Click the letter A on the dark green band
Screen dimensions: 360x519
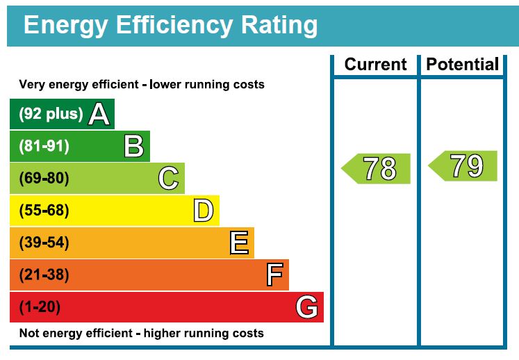(99, 114)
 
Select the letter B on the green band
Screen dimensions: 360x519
(133, 147)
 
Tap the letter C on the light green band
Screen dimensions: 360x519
(168, 179)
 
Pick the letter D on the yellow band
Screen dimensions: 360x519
(203, 211)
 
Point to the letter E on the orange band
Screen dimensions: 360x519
(238, 243)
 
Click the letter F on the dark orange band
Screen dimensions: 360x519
(274, 275)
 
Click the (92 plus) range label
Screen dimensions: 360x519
(51, 114)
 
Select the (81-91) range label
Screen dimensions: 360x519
(44, 147)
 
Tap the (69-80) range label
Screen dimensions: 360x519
(44, 179)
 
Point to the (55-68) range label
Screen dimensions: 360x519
(44, 211)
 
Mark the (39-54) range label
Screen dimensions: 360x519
(44, 243)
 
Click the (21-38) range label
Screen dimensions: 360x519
(44, 275)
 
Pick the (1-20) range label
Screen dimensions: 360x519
(40, 307)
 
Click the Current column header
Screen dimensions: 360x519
(375, 65)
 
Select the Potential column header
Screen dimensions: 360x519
(462, 65)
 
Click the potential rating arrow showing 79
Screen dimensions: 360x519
(463, 166)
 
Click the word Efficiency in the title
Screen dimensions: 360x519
(168, 25)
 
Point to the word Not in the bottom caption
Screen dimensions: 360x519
(30, 334)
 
